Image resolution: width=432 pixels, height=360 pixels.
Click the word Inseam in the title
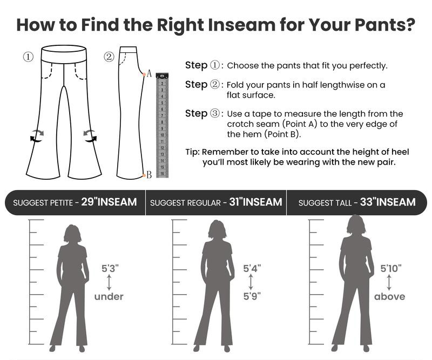(x=241, y=24)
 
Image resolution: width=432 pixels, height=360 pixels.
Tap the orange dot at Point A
(x=144, y=74)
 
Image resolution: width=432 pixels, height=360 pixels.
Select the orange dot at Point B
(x=144, y=175)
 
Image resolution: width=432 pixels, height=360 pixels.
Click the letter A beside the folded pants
(x=149, y=73)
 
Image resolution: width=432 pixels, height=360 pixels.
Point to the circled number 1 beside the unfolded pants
(x=28, y=57)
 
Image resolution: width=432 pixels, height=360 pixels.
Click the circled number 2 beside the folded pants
(x=109, y=57)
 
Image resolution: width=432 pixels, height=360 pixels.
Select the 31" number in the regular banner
(x=235, y=202)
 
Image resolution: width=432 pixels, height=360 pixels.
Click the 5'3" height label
(x=110, y=268)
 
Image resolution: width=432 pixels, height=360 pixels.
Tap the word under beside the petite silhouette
(x=109, y=297)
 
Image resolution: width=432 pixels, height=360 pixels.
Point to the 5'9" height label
(x=252, y=296)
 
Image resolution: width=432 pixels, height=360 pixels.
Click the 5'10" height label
(x=390, y=268)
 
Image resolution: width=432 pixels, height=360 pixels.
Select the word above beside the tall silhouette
(x=389, y=297)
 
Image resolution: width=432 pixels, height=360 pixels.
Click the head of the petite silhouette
(x=72, y=233)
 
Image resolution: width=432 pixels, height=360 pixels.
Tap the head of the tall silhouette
(x=356, y=224)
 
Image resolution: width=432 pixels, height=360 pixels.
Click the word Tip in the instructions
(x=192, y=152)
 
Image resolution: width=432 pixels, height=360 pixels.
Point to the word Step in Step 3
(x=196, y=113)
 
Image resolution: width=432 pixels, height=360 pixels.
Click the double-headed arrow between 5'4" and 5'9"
(x=251, y=282)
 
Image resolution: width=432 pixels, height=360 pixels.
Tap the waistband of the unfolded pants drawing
(x=64, y=55)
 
